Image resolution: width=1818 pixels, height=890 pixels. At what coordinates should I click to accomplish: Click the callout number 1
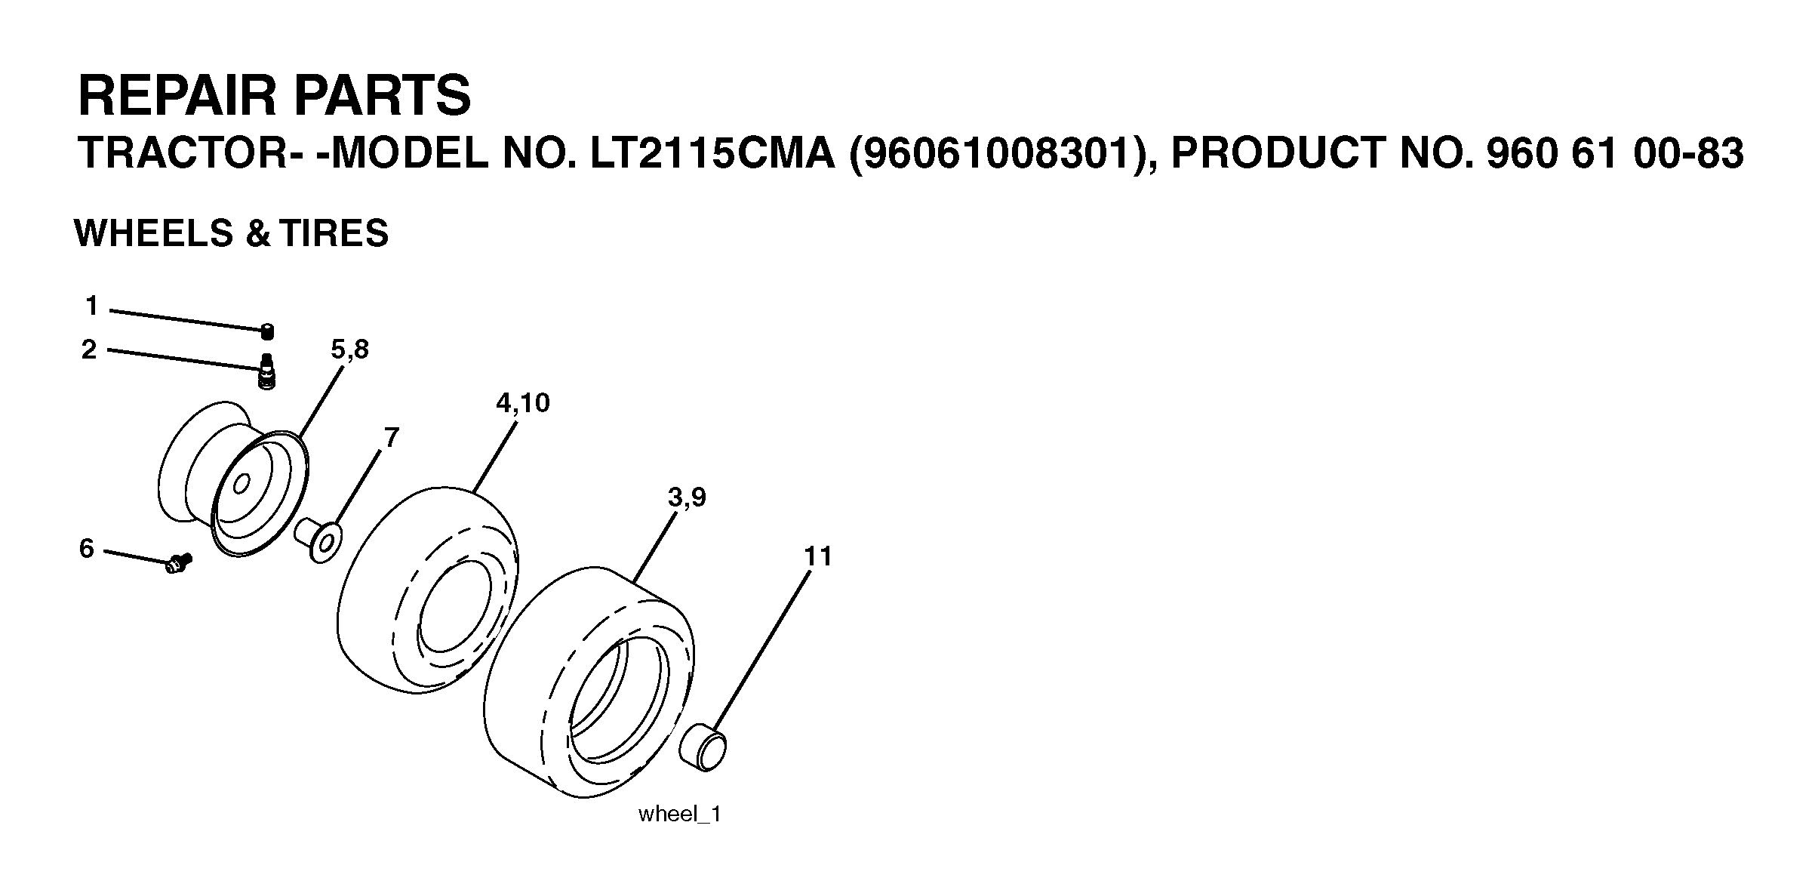91,306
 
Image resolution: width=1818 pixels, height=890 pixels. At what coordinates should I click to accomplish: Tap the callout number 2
89,350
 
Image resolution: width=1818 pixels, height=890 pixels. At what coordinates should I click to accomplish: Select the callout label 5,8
349,350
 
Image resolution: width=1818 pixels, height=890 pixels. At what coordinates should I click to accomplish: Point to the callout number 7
391,437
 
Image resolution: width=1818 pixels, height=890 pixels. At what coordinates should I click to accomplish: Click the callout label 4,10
523,403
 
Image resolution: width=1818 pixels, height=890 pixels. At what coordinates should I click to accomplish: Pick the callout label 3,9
687,497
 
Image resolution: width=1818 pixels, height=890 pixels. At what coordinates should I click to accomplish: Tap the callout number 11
817,556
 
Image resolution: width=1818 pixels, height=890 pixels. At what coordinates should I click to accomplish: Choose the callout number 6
87,549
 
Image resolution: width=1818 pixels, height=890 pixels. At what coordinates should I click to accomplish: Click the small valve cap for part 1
267,331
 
